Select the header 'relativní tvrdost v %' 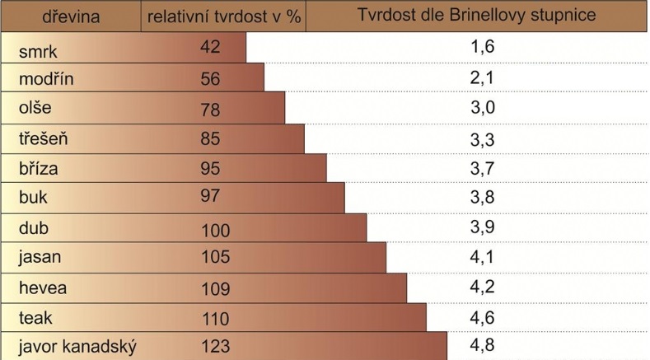coord(223,16)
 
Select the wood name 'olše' coord(35,110)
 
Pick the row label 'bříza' coord(39,169)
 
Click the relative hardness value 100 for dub coord(215,230)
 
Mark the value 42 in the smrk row coord(210,48)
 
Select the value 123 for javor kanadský coord(215,347)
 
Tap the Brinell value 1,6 coord(481,47)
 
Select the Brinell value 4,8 coord(481,345)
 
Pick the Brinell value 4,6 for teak coord(481,316)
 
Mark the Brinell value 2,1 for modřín coord(481,78)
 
